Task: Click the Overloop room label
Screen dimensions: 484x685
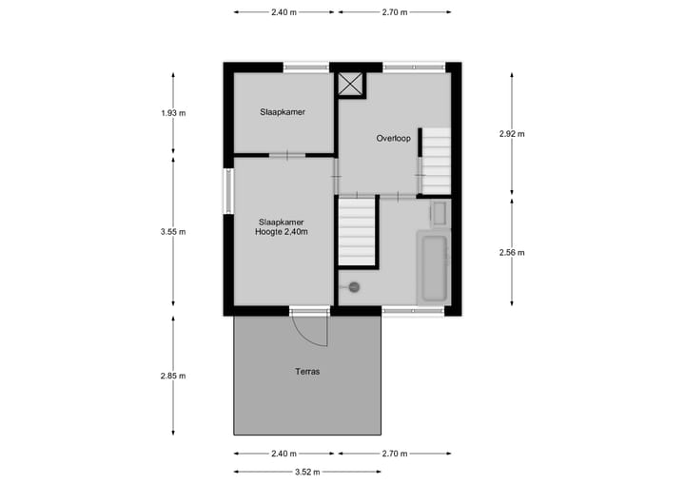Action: pos(393,139)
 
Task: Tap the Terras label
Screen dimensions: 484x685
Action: pos(307,372)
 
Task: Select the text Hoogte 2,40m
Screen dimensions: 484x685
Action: pos(281,231)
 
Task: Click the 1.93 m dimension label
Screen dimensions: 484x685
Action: pos(173,113)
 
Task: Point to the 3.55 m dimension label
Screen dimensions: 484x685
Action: pos(173,232)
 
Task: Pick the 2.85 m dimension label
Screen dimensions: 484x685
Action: pos(173,376)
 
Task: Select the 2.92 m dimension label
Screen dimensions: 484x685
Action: pos(512,134)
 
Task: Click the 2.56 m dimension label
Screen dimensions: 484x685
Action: pos(512,252)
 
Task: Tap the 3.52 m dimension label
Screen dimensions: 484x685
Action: pos(306,472)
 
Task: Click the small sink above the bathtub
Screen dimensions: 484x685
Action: pos(439,213)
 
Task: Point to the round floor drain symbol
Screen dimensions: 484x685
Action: pos(354,286)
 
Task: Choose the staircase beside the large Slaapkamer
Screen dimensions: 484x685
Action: pos(358,232)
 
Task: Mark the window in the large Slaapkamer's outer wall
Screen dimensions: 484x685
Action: pos(228,191)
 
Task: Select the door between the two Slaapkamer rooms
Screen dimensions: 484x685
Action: pos(285,154)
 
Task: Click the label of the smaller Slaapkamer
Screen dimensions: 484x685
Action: pos(282,112)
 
